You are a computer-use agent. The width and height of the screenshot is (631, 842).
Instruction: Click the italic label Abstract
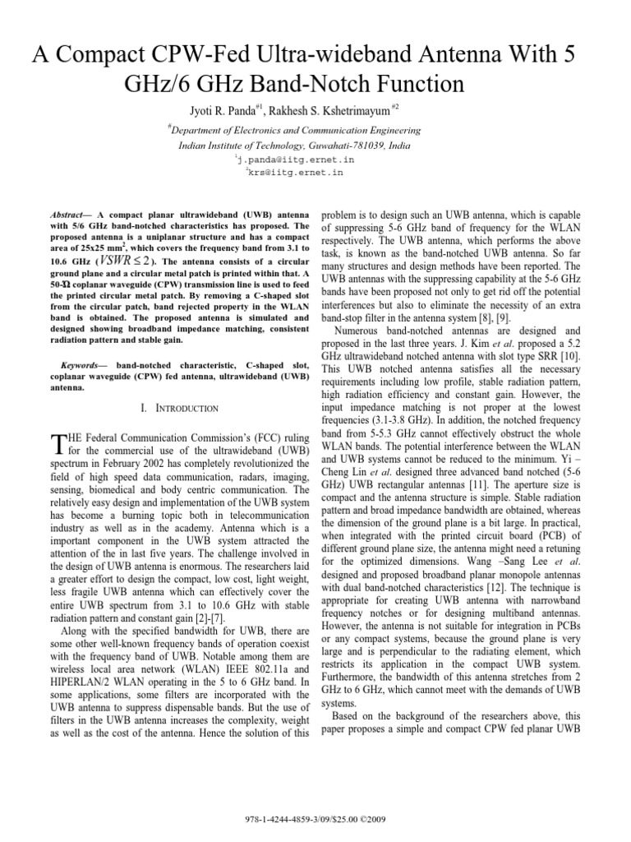(x=69, y=213)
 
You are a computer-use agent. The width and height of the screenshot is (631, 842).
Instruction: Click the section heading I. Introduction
(x=176, y=409)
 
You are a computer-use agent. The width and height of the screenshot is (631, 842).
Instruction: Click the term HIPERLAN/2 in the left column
(x=88, y=682)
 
